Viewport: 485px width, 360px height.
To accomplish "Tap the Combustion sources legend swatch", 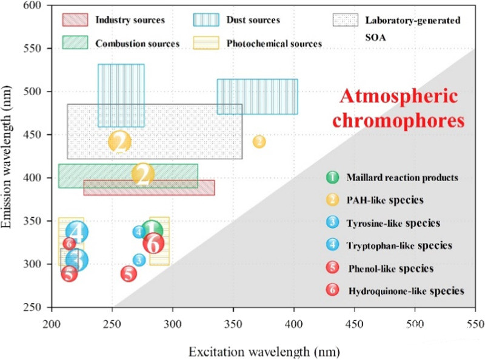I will coord(76,43).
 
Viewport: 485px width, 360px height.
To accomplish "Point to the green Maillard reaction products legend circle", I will coord(332,178).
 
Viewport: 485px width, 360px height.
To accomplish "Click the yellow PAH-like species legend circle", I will coord(332,200).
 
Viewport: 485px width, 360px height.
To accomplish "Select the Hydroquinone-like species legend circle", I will coord(332,290).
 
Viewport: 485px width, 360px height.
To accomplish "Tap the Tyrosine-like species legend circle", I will coord(332,222).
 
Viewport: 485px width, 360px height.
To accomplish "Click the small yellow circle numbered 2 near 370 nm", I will coord(259,142).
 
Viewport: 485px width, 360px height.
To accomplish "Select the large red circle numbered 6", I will coord(154,244).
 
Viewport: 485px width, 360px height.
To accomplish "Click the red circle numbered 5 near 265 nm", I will coord(128,274).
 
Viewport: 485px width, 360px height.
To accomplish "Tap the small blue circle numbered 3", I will coord(139,260).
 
